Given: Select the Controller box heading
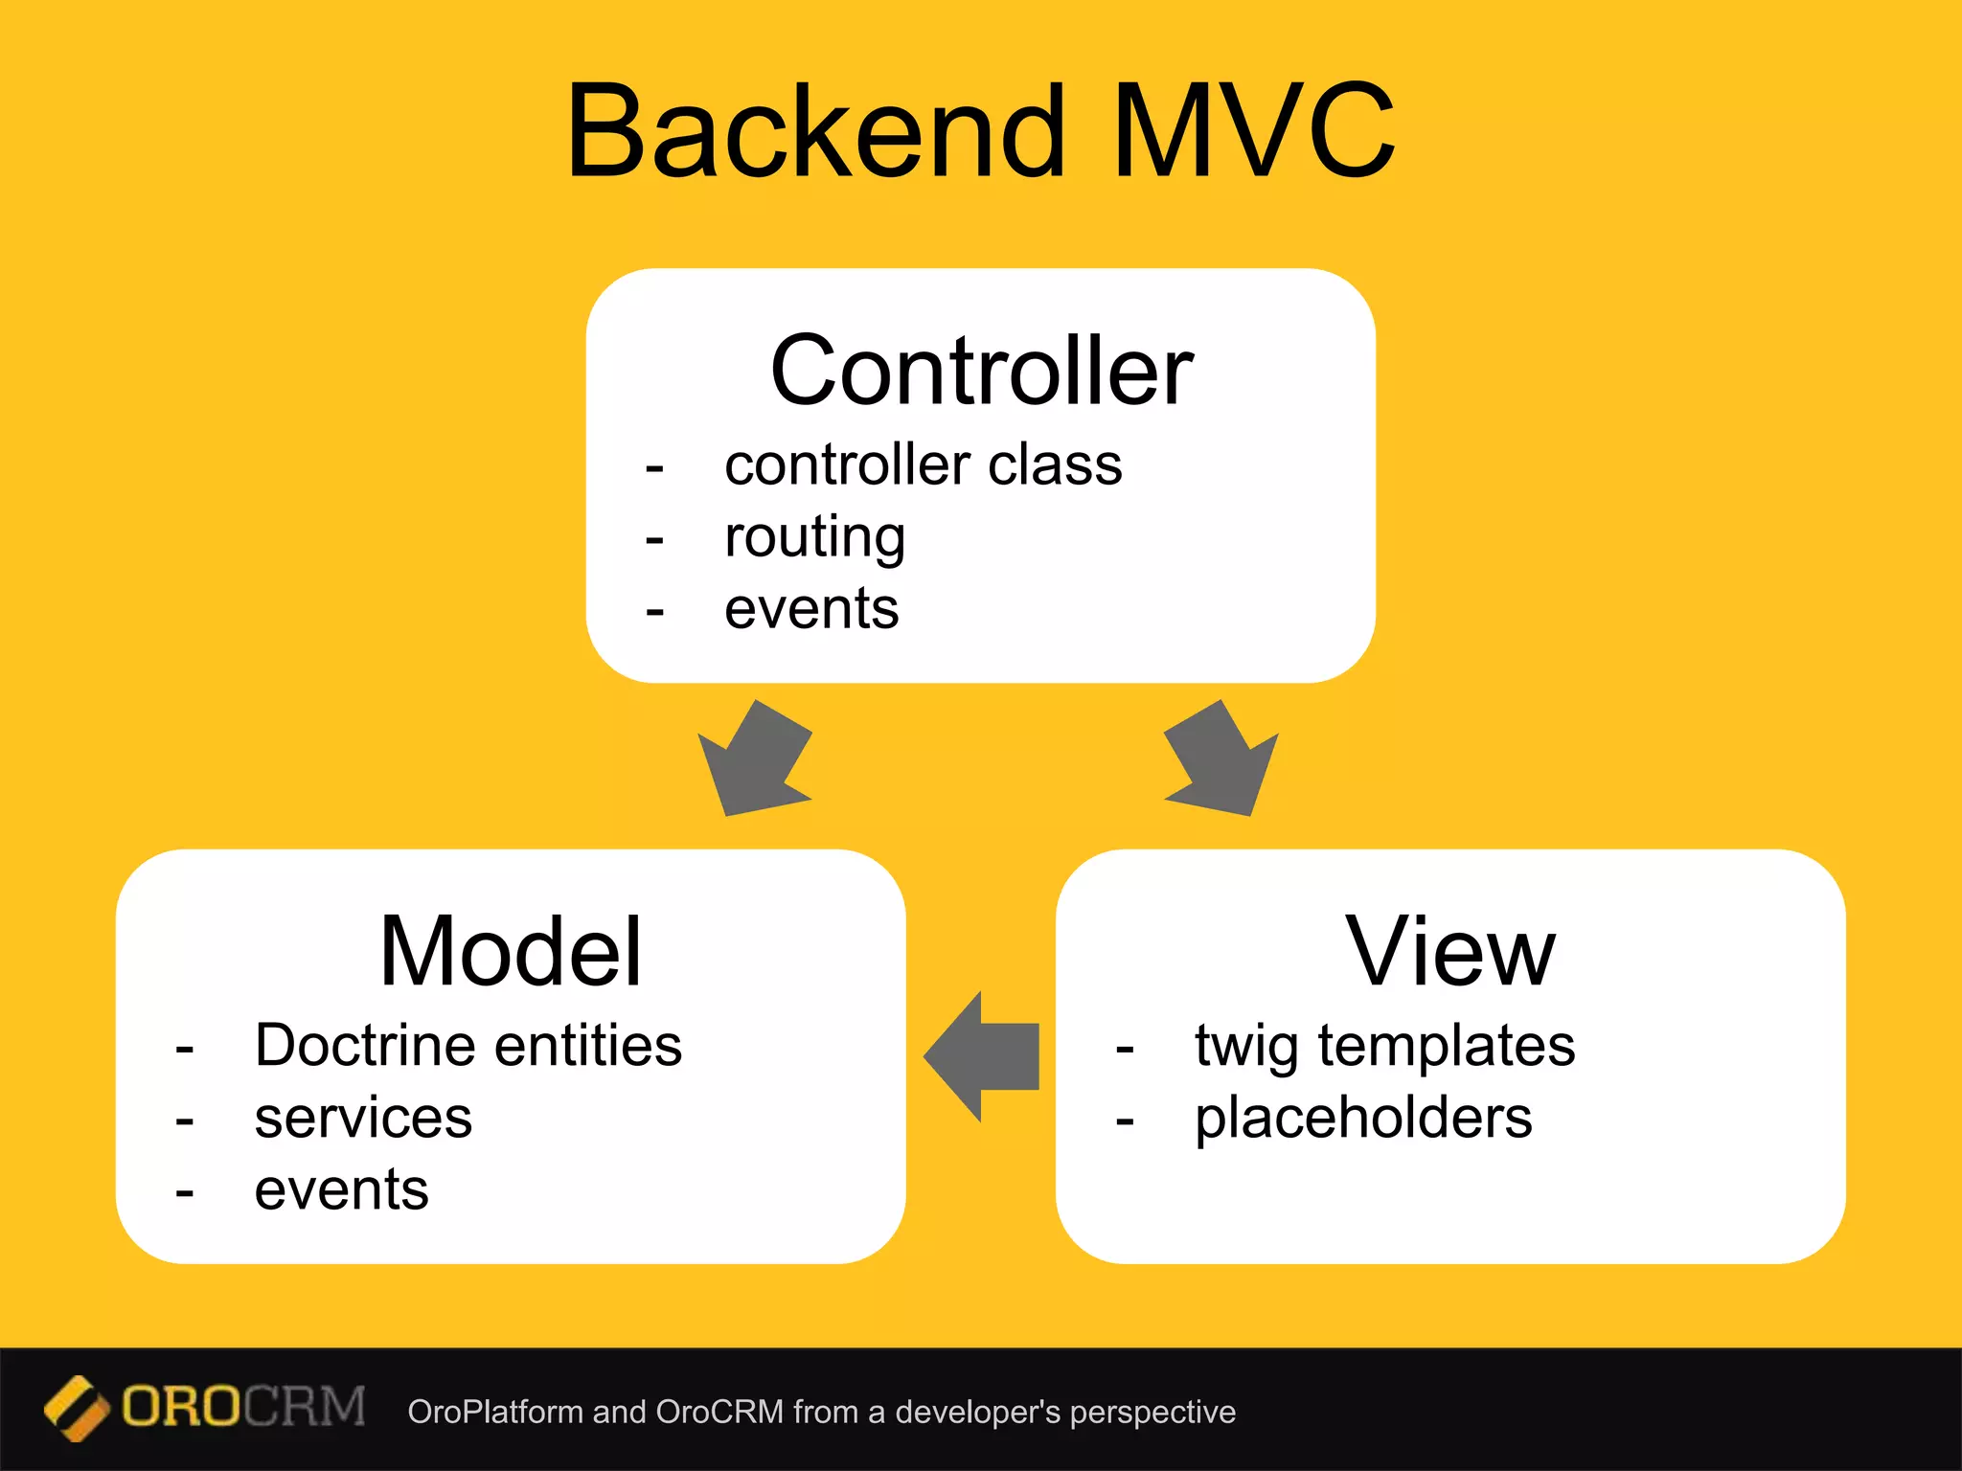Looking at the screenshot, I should point(981,372).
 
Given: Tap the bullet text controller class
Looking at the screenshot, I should point(923,465).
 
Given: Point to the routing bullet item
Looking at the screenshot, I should point(814,537).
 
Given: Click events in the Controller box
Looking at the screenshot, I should point(811,609).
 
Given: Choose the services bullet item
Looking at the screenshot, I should point(363,1118).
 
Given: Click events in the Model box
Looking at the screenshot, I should point(341,1190).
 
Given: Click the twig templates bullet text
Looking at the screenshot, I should point(1384,1045).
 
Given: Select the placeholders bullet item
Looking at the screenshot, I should point(1362,1118).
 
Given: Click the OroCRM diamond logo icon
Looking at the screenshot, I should point(76,1408).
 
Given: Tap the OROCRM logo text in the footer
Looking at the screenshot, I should point(243,1407).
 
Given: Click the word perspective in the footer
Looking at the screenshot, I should point(1152,1413).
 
